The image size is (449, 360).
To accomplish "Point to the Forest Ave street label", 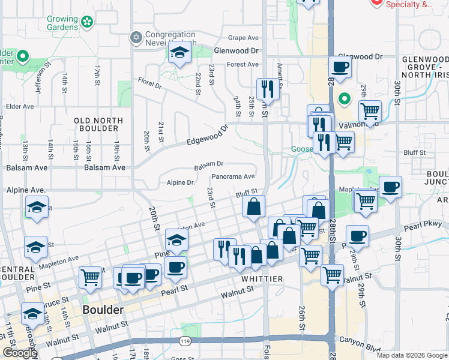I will coord(243,65).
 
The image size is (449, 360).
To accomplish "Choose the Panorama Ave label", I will coord(234,177).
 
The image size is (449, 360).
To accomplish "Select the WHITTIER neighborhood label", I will coord(261,280).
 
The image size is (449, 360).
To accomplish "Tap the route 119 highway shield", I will coord(184,341).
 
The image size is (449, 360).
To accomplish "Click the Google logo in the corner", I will coord(20,353).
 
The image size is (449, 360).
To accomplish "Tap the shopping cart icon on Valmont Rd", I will coord(370,111).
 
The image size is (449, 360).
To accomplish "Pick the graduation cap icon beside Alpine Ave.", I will coord(37,208).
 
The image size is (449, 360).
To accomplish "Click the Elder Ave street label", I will coord(20,107).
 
